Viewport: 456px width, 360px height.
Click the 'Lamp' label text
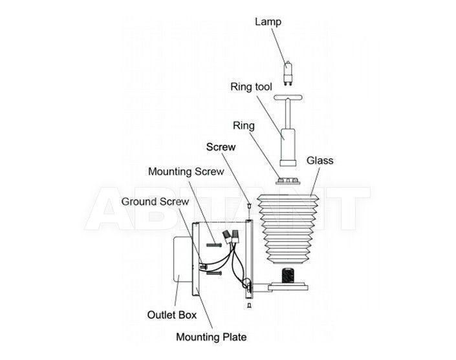[268, 22]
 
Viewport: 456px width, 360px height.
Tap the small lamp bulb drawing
[287, 73]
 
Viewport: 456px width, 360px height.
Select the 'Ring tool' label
[251, 87]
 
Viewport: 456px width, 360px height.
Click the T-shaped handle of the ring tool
[288, 98]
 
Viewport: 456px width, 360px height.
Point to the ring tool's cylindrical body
[288, 147]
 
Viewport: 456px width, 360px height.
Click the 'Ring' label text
[244, 126]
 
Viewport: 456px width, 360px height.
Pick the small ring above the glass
[288, 181]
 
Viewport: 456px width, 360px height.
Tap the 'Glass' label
[320, 160]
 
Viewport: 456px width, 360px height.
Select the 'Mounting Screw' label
[186, 171]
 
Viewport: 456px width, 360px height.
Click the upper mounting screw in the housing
[214, 245]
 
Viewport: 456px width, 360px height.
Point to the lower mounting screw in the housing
[214, 273]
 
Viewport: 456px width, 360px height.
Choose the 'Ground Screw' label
[155, 202]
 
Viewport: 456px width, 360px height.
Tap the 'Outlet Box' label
[172, 315]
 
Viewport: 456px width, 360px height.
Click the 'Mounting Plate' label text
[212, 337]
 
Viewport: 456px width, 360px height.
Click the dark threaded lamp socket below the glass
[288, 275]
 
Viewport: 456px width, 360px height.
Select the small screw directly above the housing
[249, 206]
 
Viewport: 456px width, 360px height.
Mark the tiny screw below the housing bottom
[249, 305]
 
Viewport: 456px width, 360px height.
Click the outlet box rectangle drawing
[182, 259]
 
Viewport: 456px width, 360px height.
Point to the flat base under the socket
[288, 286]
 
